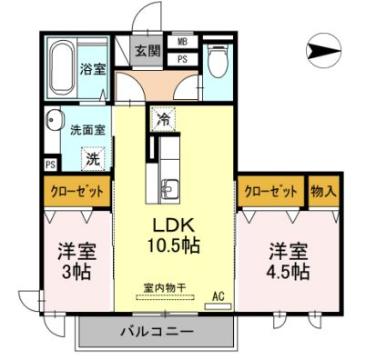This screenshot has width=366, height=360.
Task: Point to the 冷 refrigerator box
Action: tap(163, 117)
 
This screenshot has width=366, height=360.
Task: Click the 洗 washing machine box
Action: tap(92, 157)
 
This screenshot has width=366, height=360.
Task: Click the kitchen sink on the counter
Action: tap(168, 188)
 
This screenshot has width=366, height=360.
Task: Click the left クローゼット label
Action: tap(75, 190)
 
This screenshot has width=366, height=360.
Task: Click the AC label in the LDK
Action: tap(218, 296)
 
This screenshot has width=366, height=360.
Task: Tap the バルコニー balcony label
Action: tap(160, 329)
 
